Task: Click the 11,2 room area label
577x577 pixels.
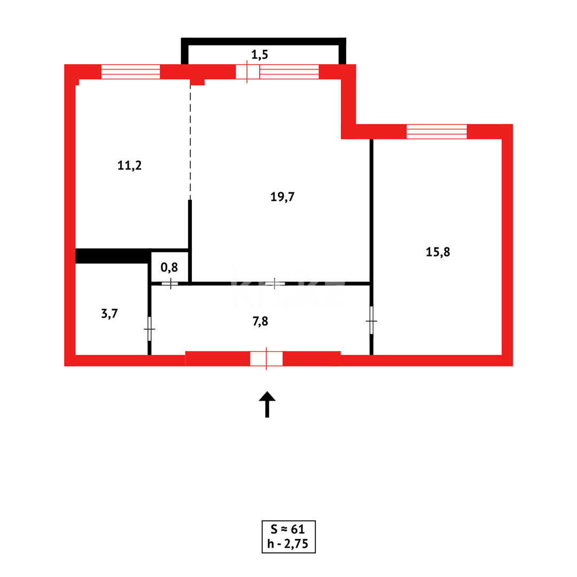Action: [129, 166]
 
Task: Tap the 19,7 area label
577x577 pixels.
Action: [283, 197]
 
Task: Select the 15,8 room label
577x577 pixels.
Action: [438, 252]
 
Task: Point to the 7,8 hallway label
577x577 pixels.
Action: [260, 321]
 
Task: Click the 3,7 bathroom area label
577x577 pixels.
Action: [110, 314]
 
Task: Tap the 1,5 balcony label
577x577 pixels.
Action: [260, 54]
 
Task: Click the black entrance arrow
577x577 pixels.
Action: [267, 405]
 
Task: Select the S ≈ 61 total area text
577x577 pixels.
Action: [288, 529]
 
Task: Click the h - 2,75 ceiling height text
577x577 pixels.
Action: [288, 544]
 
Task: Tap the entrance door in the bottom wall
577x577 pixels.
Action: [266, 358]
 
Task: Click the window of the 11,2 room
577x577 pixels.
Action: [130, 72]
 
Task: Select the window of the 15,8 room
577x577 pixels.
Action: [436, 131]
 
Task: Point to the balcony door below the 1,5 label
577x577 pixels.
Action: [247, 72]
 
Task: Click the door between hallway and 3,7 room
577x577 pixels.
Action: [150, 329]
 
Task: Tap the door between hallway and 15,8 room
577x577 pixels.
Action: [371, 321]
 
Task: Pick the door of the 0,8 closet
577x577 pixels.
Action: [170, 283]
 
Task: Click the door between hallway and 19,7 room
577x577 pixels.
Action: [275, 283]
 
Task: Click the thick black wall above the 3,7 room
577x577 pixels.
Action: [112, 256]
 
